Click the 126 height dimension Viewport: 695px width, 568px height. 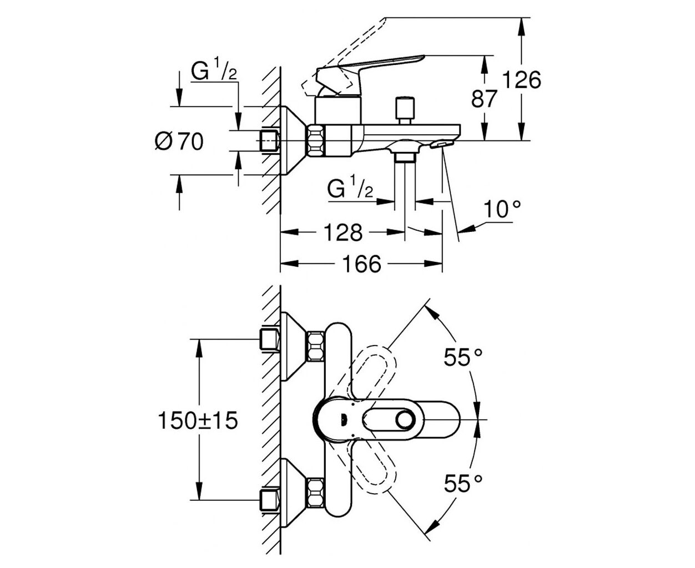[521, 80]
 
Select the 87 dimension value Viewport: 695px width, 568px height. [484, 99]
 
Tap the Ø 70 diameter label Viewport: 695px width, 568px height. [179, 141]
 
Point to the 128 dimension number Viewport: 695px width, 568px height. [343, 232]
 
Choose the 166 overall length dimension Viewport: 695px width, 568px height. [362, 263]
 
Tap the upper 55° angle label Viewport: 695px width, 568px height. [462, 357]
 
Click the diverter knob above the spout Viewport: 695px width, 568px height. [405, 110]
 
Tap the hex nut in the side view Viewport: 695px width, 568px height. [316, 140]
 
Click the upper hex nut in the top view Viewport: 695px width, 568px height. [315, 346]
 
